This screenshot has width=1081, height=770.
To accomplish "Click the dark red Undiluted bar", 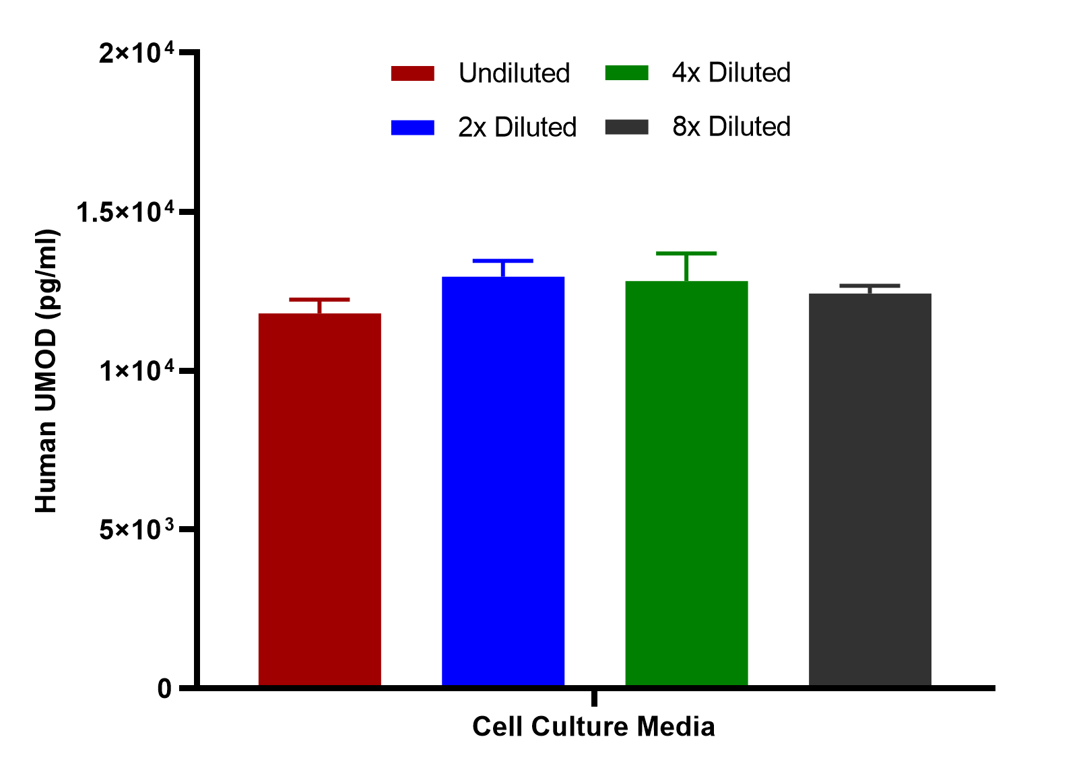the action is [x=319, y=500].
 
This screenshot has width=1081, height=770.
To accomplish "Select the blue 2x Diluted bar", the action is [x=503, y=481].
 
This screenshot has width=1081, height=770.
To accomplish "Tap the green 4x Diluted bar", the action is [x=686, y=483].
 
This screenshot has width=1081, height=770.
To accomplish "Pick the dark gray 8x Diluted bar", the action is [x=870, y=490].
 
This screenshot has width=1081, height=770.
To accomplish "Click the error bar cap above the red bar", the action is [x=319, y=300].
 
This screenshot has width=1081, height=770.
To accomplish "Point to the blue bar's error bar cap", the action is [x=503, y=261].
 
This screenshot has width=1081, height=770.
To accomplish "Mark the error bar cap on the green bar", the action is [x=686, y=253].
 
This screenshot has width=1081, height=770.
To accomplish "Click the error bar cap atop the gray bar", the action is [x=870, y=286].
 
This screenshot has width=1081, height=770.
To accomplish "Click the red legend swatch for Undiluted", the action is [x=413, y=73].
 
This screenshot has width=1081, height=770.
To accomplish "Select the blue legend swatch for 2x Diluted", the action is [x=413, y=127].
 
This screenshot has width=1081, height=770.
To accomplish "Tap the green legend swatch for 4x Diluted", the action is [x=626, y=73].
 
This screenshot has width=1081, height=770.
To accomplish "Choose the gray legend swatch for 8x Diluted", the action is [x=626, y=127].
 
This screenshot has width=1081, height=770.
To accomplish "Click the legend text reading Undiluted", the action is [x=515, y=73].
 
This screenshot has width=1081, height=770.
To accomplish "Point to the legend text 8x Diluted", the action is [x=731, y=127].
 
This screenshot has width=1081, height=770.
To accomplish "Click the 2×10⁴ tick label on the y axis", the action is [x=137, y=52].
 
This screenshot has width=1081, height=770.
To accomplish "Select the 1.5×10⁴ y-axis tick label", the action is [x=125, y=212].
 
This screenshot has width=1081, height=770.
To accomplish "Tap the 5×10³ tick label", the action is [x=137, y=530].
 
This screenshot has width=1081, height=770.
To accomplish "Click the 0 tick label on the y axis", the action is [x=164, y=689].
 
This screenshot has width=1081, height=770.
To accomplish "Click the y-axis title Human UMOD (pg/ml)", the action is [x=47, y=371].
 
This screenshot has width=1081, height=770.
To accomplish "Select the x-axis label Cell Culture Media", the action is [x=593, y=727].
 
